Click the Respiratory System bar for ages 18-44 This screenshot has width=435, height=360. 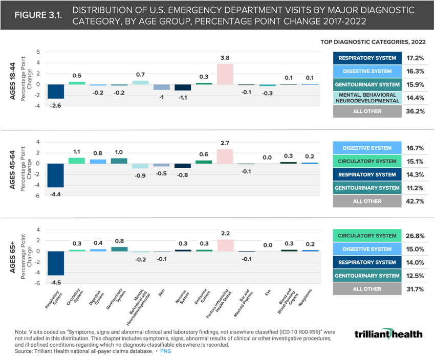[55, 92]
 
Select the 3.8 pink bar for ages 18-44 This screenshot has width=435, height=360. [225, 74]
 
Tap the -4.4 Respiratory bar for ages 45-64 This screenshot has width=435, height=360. [55, 175]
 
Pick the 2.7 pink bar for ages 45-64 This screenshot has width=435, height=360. [225, 156]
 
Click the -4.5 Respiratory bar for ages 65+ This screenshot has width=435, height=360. [55, 263]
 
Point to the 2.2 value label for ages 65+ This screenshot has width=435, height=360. [225, 234]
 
